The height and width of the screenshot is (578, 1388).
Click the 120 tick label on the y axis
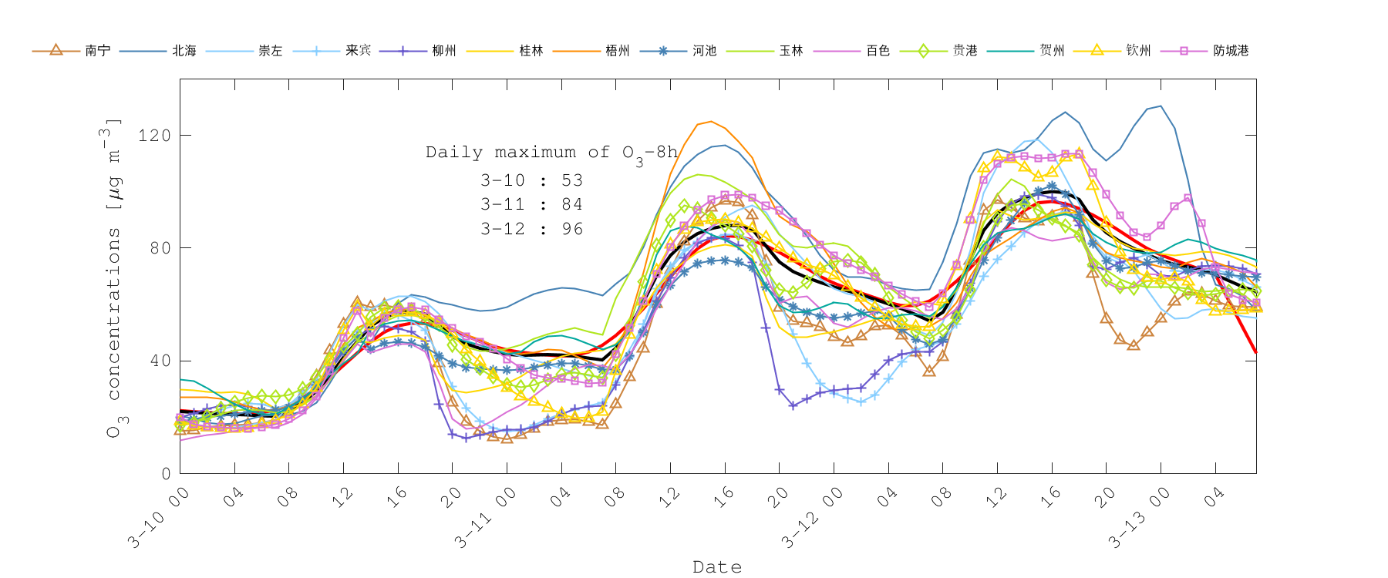(154, 136)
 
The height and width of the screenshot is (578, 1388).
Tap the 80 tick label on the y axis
(159, 248)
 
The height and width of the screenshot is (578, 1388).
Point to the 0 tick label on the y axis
(166, 474)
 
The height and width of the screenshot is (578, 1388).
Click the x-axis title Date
(717, 567)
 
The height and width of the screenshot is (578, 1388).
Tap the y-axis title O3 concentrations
(113, 277)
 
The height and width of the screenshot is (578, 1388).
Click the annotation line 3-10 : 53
(531, 180)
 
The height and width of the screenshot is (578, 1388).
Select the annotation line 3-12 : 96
(531, 229)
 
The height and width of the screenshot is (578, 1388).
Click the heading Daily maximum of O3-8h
(551, 153)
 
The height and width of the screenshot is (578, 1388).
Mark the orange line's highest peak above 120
(710, 121)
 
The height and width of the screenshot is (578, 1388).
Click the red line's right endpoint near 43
(1256, 352)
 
